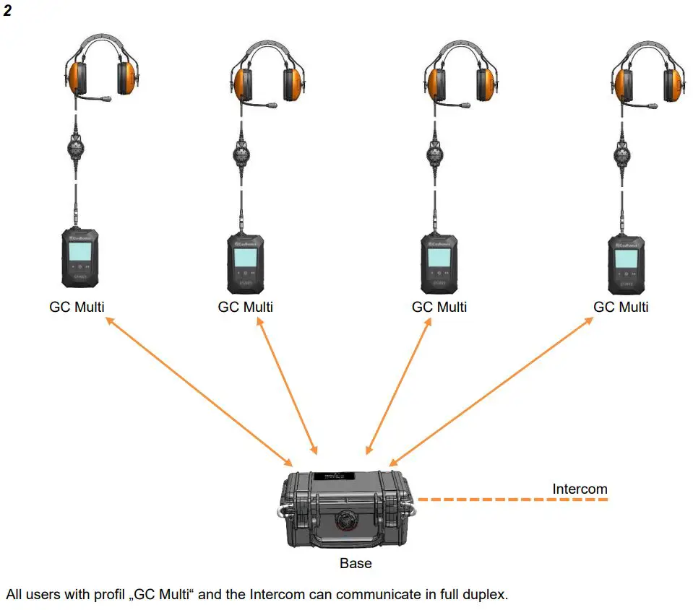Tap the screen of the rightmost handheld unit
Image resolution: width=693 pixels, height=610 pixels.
pyautogui.click(x=626, y=258)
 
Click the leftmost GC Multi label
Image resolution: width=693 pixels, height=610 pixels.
pyautogui.click(x=77, y=307)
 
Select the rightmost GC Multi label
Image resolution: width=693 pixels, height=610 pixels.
pyautogui.click(x=621, y=307)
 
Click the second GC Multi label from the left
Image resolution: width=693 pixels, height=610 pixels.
pyautogui.click(x=246, y=307)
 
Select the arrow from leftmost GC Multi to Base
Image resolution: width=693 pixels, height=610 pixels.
pyautogui.click(x=199, y=391)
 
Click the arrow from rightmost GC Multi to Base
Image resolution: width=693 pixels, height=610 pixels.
pyautogui.click(x=491, y=391)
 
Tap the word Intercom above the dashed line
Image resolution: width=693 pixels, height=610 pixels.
pyautogui.click(x=580, y=489)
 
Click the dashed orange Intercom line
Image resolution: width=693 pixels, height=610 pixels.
pyautogui.click(x=513, y=500)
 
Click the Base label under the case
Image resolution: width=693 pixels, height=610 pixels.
pyautogui.click(x=356, y=563)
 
